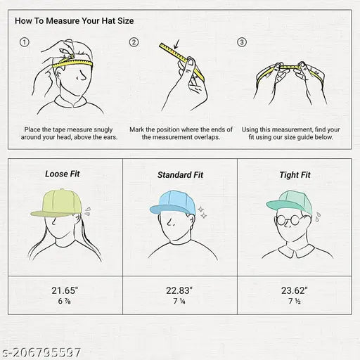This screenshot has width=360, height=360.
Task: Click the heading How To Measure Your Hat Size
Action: pyautogui.click(x=75, y=21)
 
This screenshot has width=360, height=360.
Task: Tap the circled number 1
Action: pyautogui.click(x=25, y=42)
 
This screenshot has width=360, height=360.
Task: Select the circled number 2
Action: pyautogui.click(x=134, y=42)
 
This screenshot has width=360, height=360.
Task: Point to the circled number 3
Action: pyautogui.click(x=242, y=42)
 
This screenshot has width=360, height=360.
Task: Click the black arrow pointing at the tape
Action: pyautogui.click(x=176, y=44)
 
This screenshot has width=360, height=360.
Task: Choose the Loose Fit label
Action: pyautogui.click(x=63, y=174)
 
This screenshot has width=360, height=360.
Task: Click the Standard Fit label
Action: pyautogui.click(x=180, y=175)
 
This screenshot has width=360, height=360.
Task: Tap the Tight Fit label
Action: pyautogui.click(x=295, y=175)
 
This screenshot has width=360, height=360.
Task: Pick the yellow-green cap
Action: pyautogui.click(x=56, y=203)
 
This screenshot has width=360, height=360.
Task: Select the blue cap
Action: pyautogui.click(x=173, y=202)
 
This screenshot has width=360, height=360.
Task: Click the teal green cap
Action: pyautogui.click(x=290, y=202)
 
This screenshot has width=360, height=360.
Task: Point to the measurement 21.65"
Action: pyautogui.click(x=65, y=290)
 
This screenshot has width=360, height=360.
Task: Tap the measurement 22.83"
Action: pyautogui.click(x=179, y=290)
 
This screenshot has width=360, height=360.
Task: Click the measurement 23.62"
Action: pyautogui.click(x=295, y=290)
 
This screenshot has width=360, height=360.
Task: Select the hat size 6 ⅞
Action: pyautogui.click(x=65, y=301)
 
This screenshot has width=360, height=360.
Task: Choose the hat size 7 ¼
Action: pyautogui.click(x=179, y=301)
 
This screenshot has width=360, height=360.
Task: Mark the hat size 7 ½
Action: pyautogui.click(x=295, y=301)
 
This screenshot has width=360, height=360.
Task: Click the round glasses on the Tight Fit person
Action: pyautogui.click(x=288, y=220)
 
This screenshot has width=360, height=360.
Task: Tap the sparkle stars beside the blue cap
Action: pyautogui.click(x=202, y=212)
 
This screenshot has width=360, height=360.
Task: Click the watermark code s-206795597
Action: pyautogui.click(x=41, y=352)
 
